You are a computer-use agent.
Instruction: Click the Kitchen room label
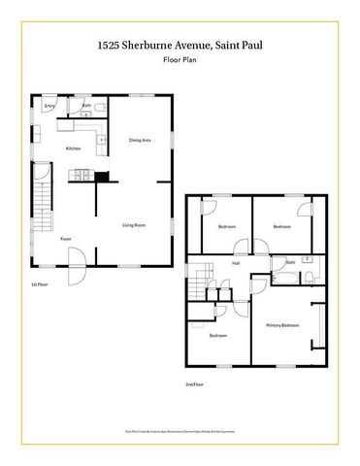tap(73, 148)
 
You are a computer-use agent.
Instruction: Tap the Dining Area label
tap(140, 141)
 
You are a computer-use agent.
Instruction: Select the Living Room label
tap(134, 225)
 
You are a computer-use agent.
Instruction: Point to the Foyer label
tap(66, 239)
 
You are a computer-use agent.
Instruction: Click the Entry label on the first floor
tap(49, 106)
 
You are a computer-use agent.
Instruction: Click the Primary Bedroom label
tap(283, 325)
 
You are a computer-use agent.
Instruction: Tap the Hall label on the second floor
tap(236, 262)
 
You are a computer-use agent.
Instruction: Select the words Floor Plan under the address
tap(180, 60)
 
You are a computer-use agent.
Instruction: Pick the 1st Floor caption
tap(40, 284)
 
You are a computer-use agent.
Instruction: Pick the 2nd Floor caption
tap(195, 384)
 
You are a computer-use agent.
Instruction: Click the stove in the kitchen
tap(81, 177)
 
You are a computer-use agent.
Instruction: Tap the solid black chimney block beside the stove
tap(101, 177)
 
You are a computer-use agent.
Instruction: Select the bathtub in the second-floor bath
tap(285, 278)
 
